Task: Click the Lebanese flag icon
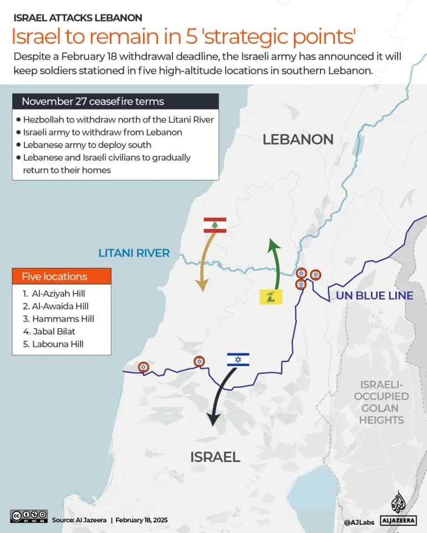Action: pyautogui.click(x=215, y=225)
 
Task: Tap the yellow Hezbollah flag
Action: pyautogui.click(x=271, y=296)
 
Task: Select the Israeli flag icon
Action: pyautogui.click(x=238, y=360)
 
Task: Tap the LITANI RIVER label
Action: pyautogui.click(x=134, y=253)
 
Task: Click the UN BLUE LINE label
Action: pyautogui.click(x=374, y=295)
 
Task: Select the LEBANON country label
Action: pyautogui.click(x=298, y=139)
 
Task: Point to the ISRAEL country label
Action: pyautogui.click(x=215, y=457)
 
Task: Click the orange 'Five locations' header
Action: pyautogui.click(x=62, y=276)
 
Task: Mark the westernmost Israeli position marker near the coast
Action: pyautogui.click(x=143, y=367)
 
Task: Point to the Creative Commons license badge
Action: pyautogui.click(x=29, y=516)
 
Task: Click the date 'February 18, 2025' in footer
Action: pyautogui.click(x=142, y=520)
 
